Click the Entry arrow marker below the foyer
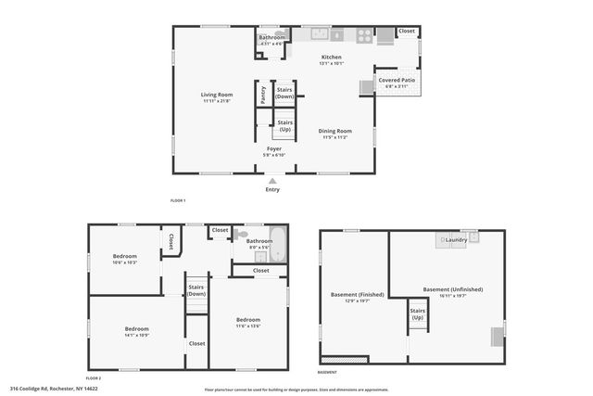(271, 181)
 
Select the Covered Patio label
(397, 80)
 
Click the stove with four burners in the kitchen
(364, 36)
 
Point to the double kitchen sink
(320, 35)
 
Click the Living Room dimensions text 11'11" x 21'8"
(217, 101)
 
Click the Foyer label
(274, 148)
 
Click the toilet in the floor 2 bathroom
(242, 236)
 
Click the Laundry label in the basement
(456, 240)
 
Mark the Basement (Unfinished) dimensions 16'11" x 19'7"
(452, 296)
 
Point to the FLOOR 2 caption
(94, 378)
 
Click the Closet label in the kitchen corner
(407, 31)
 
